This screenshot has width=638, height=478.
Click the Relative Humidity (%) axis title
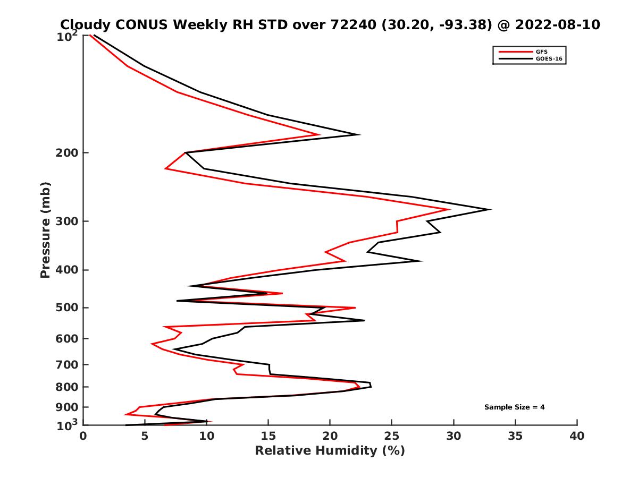click(330, 451)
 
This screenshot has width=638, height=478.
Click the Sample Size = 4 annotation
click(514, 407)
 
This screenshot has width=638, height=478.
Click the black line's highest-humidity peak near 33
click(490, 210)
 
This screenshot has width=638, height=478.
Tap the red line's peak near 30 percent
click(450, 210)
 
